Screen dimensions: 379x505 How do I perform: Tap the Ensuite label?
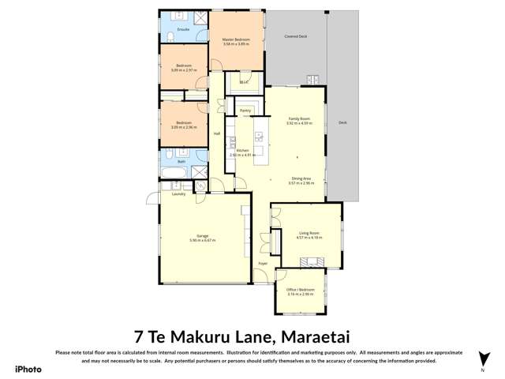tap(172, 30)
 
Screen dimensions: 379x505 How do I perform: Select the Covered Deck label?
tap(295, 36)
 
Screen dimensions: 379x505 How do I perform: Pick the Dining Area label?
tap(301, 178)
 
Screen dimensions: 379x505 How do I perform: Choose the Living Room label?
tap(308, 233)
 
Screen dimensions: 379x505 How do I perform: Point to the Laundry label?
tap(178, 193)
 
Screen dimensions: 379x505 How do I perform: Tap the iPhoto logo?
tap(27, 368)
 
